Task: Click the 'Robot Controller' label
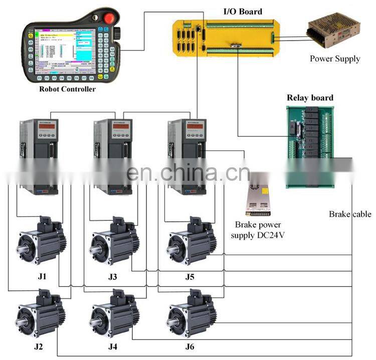67,90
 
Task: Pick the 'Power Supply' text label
334,59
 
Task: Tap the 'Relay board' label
310,98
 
